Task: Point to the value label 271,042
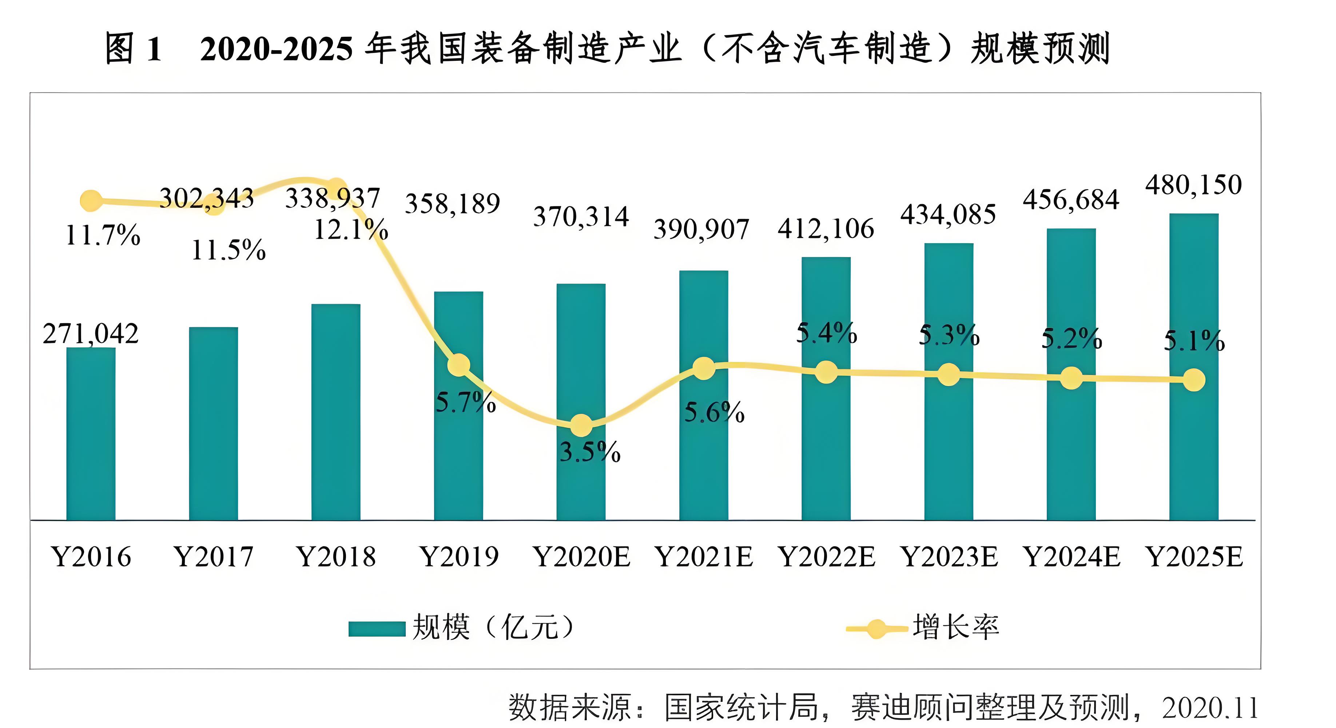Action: [91, 334]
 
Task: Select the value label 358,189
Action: [452, 203]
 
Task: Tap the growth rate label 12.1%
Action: [351, 229]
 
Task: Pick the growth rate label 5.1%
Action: [1194, 341]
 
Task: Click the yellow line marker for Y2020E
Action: [581, 426]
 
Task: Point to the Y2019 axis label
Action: [459, 557]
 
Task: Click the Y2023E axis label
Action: [949, 557]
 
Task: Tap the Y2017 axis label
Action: [214, 557]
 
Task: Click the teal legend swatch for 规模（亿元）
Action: [377, 628]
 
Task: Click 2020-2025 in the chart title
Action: [276, 49]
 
